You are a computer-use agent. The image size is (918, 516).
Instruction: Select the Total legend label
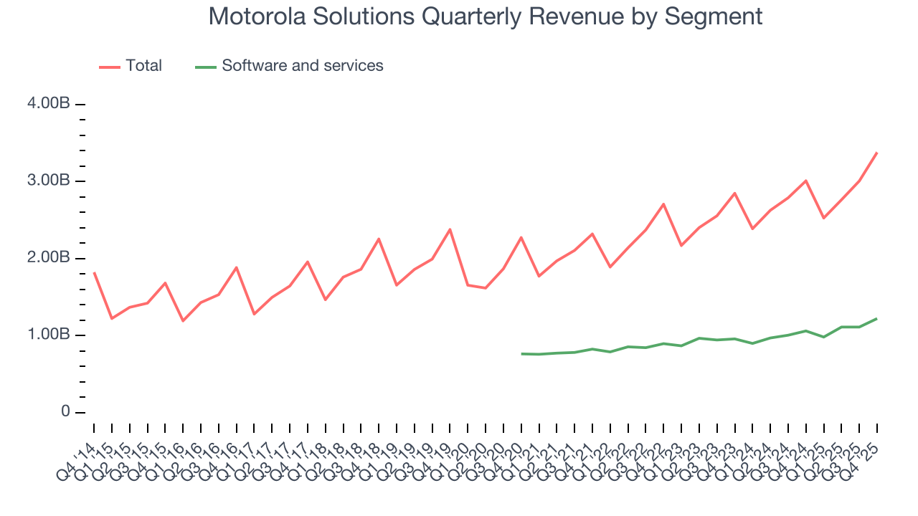[143, 66]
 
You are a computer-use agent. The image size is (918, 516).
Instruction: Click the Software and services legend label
[302, 66]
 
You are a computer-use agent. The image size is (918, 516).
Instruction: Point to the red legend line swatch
[109, 67]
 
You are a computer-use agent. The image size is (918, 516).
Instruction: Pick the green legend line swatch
[206, 67]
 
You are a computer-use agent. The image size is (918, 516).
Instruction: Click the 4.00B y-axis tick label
[48, 104]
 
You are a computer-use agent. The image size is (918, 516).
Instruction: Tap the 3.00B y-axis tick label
[48, 181]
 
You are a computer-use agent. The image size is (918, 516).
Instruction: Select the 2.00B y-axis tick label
[48, 258]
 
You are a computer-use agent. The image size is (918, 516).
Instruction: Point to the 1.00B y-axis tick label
[48, 335]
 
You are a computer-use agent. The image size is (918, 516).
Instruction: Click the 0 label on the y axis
[65, 412]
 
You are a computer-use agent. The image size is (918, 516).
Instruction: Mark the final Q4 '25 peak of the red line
[876, 153]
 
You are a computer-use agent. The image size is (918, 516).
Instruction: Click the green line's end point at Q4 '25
[876, 318]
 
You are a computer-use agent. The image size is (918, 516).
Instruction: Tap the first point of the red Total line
[94, 273]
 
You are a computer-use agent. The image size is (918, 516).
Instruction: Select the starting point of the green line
[521, 353]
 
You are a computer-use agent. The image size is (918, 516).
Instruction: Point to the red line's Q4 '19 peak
[450, 229]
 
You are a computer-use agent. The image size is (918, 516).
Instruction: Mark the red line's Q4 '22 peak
[663, 204]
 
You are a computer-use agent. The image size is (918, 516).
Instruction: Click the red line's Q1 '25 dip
[823, 218]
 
